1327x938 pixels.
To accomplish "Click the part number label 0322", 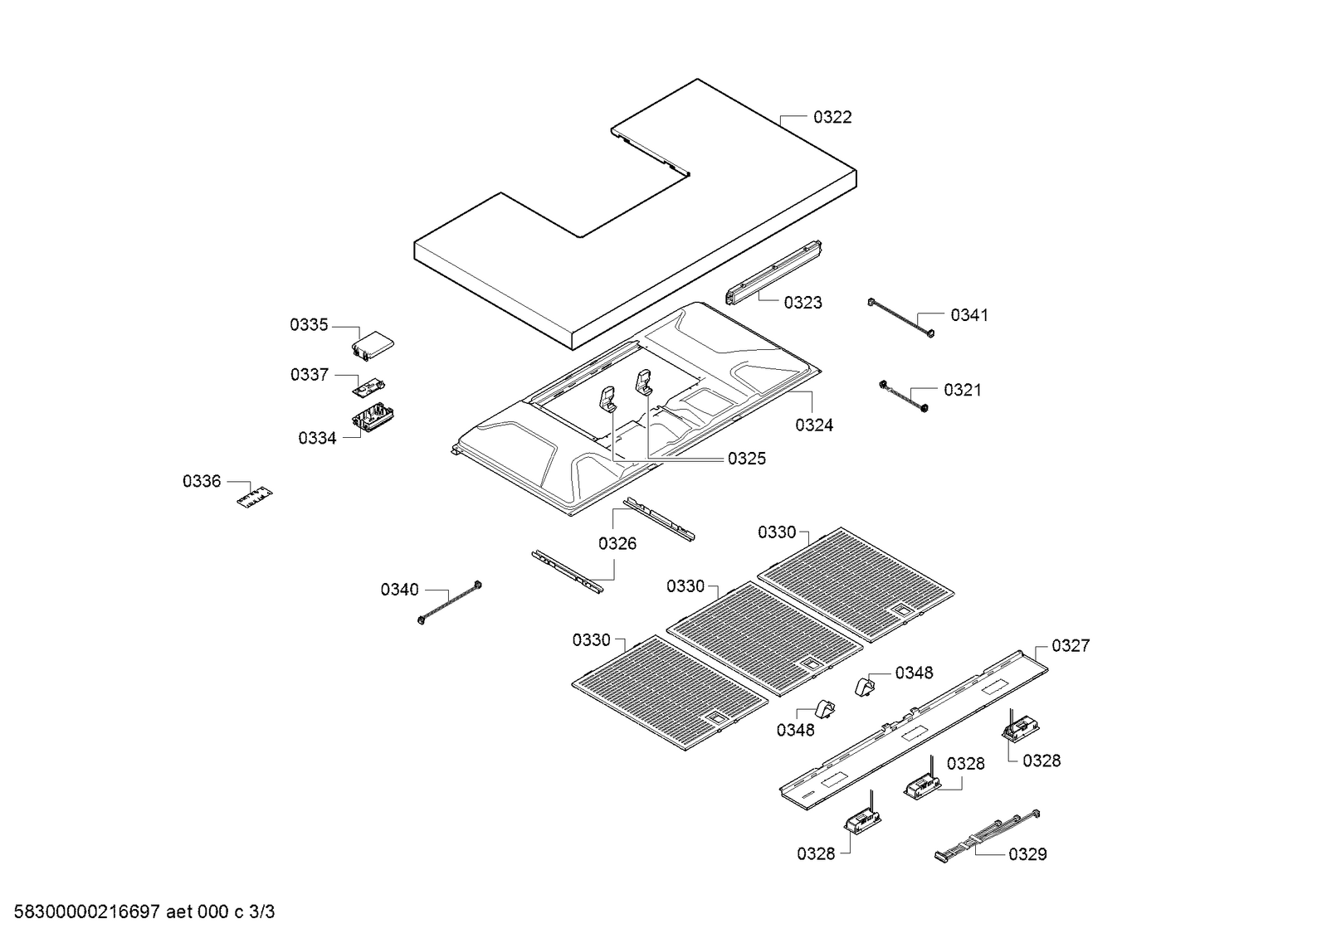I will point(832,118).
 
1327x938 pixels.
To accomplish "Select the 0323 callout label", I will point(803,303).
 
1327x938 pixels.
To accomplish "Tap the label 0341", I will point(968,315).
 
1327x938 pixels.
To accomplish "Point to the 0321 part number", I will point(962,390).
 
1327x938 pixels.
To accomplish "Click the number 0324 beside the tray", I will point(813,425).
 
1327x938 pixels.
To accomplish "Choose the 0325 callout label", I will point(746,459).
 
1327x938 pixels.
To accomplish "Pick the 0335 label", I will point(309,325).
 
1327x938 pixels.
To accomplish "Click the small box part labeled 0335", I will point(373,345).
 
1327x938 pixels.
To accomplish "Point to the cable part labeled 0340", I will point(451,603).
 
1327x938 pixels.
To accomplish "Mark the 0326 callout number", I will point(617,544).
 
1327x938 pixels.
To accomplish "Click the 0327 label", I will point(1070,646).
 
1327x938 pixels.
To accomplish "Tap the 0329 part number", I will point(1027,854).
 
